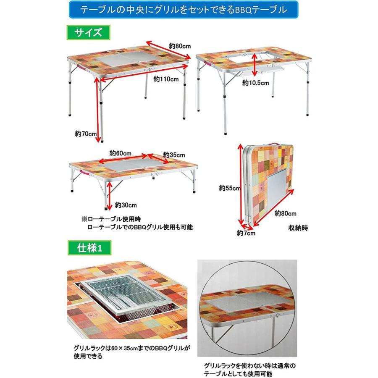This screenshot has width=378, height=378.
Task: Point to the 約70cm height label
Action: [86, 134]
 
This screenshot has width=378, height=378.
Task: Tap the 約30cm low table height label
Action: [126, 205]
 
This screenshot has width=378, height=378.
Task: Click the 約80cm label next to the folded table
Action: [286, 213]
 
